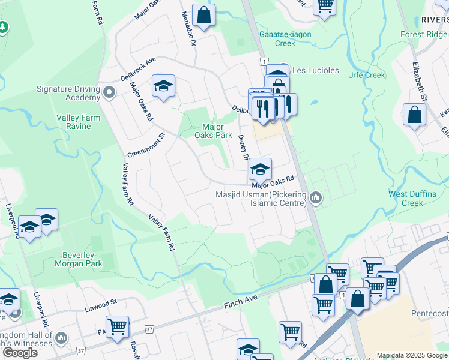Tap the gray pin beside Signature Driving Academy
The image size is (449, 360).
click(x=109, y=93)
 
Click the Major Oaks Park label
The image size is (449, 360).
click(x=217, y=131)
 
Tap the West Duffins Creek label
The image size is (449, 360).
click(x=414, y=198)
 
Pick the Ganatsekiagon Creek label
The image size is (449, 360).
click(x=285, y=38)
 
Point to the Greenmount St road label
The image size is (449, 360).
click(x=146, y=145)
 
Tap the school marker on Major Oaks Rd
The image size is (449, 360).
click(x=260, y=169)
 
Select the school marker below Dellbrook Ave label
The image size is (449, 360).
click(x=163, y=86)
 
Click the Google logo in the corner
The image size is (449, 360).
click(x=20, y=352)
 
